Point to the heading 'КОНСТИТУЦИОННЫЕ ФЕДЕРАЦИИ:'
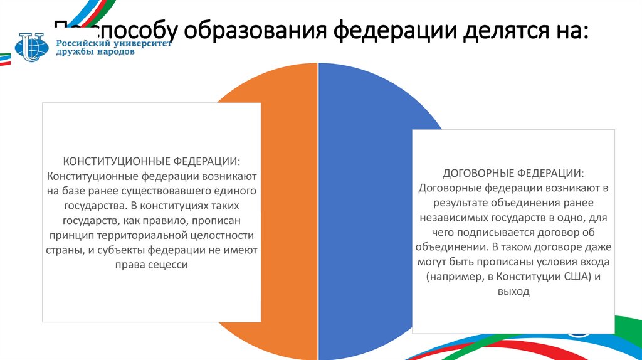[x=151, y=161]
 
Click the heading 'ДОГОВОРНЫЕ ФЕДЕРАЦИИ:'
[x=513, y=172]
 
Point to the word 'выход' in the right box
[x=513, y=291]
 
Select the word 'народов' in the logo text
[x=113, y=53]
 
